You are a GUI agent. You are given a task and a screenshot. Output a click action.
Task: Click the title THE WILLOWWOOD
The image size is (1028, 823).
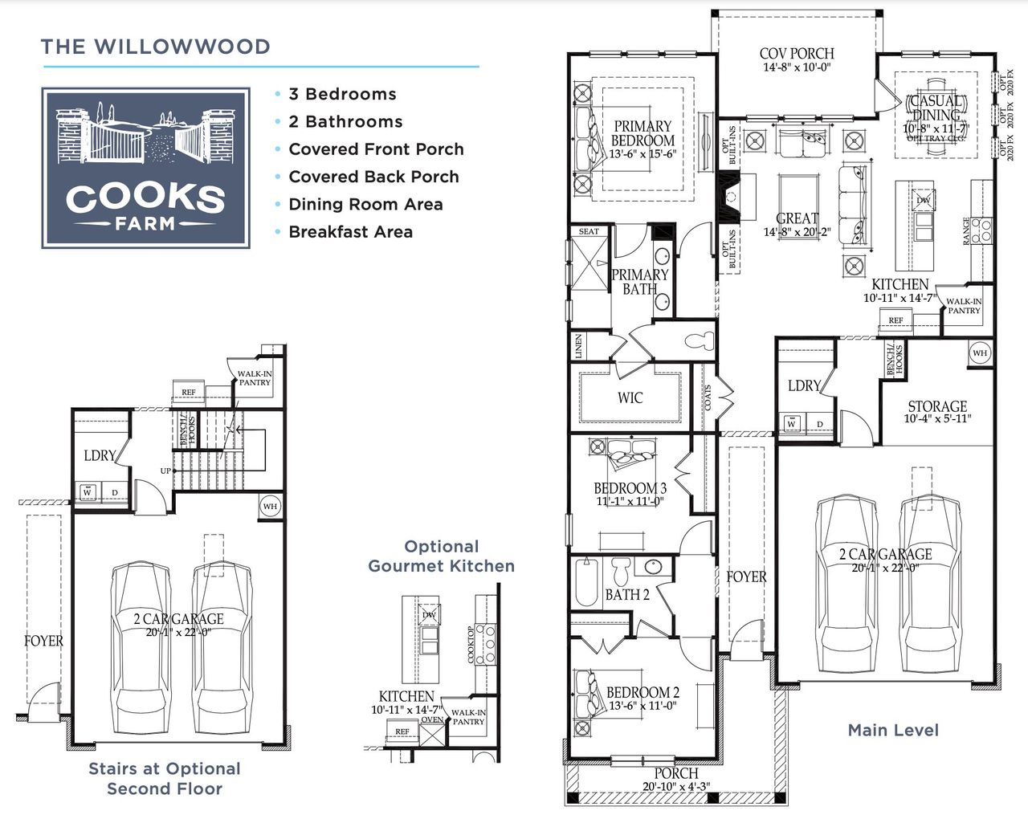(x=156, y=47)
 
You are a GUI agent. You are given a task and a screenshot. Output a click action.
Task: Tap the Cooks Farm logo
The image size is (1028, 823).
(x=145, y=168)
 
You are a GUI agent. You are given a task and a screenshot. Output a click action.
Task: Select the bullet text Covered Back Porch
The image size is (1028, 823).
(x=373, y=177)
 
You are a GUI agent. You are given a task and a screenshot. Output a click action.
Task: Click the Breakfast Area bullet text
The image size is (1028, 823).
(x=350, y=232)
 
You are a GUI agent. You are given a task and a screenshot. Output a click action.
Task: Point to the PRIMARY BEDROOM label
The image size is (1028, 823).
(x=642, y=133)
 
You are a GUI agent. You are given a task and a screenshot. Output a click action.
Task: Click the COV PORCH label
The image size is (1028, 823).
(x=796, y=54)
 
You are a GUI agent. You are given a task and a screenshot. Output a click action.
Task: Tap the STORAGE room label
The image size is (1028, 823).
(x=937, y=406)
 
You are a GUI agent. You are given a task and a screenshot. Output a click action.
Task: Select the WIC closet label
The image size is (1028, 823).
(x=630, y=397)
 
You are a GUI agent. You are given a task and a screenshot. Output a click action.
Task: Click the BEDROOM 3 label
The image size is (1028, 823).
(x=630, y=488)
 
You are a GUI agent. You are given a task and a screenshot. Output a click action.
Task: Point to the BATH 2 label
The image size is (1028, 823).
(x=627, y=595)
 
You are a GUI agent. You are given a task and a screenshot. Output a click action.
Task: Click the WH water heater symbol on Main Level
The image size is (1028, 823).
(x=980, y=353)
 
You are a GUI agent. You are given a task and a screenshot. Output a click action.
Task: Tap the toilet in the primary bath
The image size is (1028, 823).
(x=701, y=340)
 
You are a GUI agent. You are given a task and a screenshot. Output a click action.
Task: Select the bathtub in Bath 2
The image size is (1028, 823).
(x=585, y=582)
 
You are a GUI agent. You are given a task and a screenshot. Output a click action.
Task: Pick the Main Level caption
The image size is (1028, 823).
(x=893, y=730)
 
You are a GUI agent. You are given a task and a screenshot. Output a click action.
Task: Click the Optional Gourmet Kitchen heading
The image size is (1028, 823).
(x=441, y=556)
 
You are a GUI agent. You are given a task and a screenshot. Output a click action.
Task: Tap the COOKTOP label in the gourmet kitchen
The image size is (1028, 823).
(x=471, y=645)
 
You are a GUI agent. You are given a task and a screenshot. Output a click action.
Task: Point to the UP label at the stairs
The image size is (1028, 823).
(x=165, y=471)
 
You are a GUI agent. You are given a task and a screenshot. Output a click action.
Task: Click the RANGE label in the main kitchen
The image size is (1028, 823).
(x=966, y=231)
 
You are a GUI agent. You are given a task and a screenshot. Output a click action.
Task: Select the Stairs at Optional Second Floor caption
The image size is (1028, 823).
(x=165, y=779)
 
